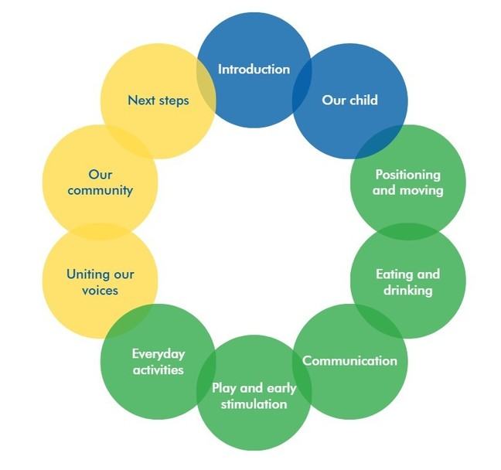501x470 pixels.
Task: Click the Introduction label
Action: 254,70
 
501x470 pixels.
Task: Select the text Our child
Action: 349,100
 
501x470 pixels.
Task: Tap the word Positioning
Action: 407,175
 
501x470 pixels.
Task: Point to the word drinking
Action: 407,290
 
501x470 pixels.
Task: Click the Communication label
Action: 349,361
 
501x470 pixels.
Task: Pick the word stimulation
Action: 254,404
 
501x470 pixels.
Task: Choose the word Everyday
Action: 158,354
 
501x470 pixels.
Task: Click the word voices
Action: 100,290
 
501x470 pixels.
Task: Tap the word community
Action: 100,189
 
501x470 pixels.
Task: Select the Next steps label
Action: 158,100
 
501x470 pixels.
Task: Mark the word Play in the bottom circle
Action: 225,388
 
